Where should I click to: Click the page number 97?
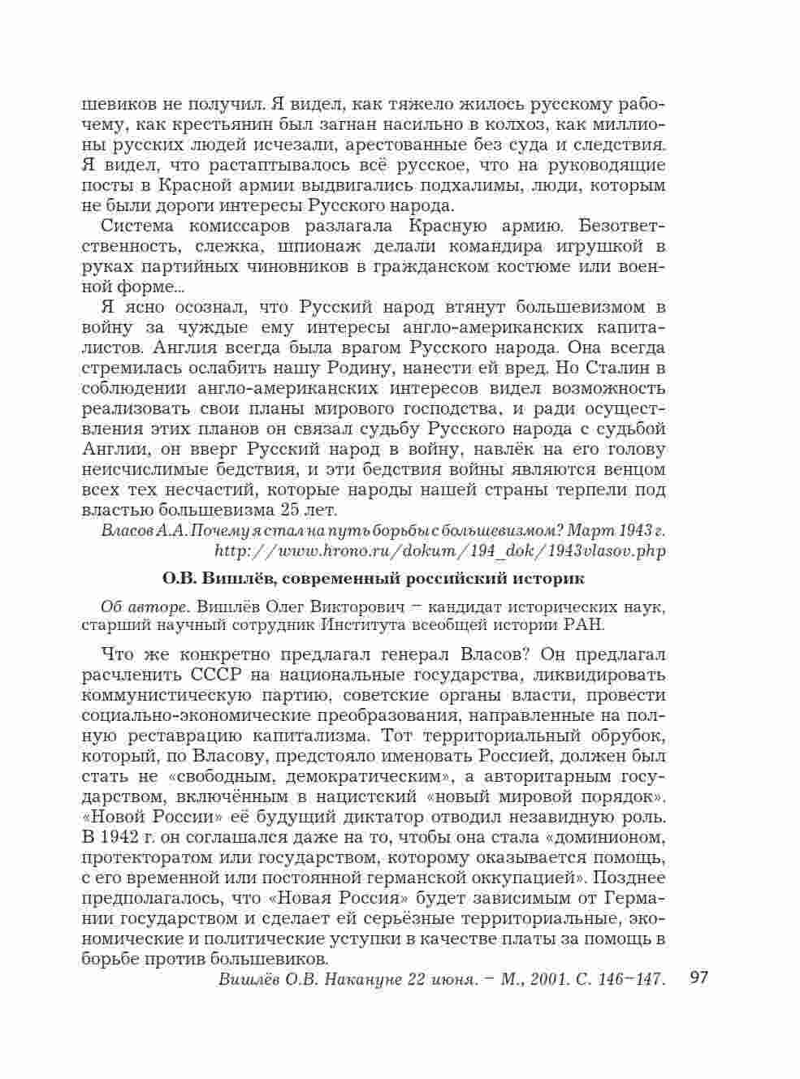(698, 976)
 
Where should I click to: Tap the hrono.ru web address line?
(439, 550)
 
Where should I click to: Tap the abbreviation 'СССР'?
(218, 675)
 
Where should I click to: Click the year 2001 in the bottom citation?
(551, 979)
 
